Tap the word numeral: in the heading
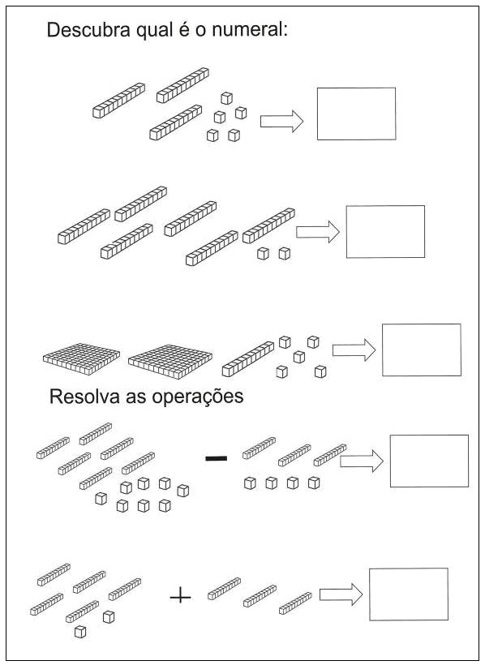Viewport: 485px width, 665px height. pos(250,30)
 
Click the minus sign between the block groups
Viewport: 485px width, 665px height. pos(217,458)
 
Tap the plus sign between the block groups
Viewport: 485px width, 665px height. pos(180,597)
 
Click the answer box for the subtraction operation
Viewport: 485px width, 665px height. pos(429,461)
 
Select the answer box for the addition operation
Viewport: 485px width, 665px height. pos(409,594)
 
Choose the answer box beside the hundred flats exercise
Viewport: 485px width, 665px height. pos(422,350)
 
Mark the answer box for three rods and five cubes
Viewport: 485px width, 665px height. pos(356,114)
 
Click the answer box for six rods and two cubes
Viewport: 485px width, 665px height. pos(385,232)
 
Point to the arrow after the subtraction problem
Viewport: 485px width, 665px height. pos(362,461)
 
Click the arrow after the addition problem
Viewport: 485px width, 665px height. pos(341,594)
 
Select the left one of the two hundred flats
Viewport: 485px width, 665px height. pos(81,358)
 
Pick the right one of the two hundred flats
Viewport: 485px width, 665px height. pos(170,362)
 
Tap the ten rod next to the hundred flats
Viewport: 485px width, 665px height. pos(248,358)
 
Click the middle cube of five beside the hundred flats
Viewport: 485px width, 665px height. pos(299,357)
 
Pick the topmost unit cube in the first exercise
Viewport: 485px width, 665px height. pos(226,98)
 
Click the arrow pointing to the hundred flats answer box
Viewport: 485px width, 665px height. pos(354,350)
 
